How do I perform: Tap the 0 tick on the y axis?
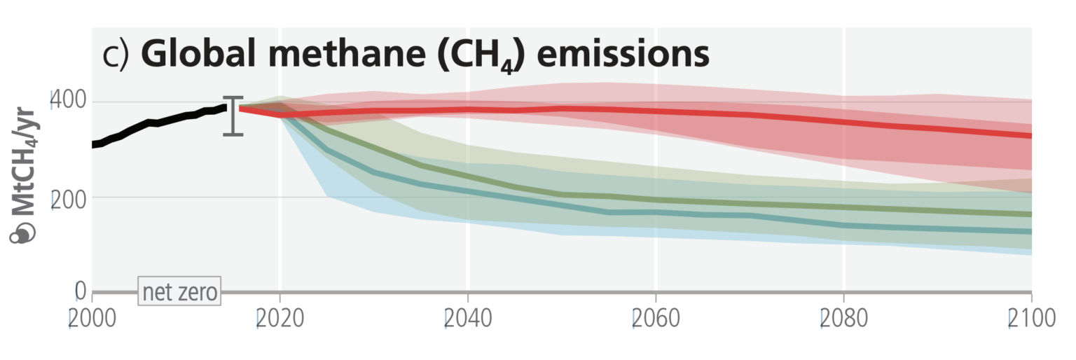(x=80, y=291)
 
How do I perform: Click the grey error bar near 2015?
(x=233, y=116)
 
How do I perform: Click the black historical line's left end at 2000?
(x=94, y=144)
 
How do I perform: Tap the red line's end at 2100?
(x=1030, y=135)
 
